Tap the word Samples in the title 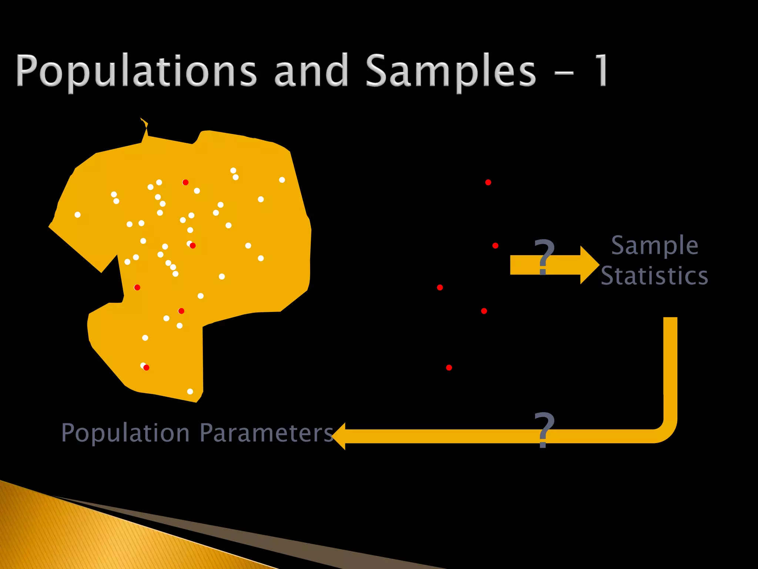[451, 71]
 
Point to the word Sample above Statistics [654, 246]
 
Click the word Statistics [654, 276]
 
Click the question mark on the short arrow [544, 256]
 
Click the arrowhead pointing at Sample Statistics [589, 265]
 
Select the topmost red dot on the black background [488, 182]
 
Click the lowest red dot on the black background [449, 367]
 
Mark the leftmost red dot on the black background [440, 287]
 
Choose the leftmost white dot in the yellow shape [77, 214]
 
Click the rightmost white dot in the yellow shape [282, 180]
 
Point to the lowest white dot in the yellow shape [190, 392]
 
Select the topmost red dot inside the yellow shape [185, 182]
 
